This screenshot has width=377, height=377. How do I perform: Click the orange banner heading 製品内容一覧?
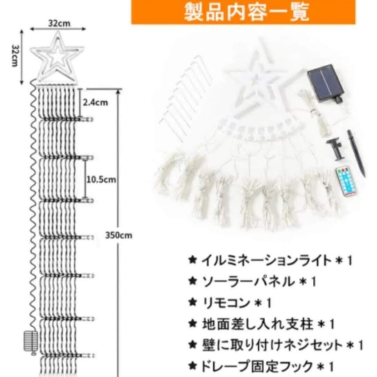(x=243, y=12)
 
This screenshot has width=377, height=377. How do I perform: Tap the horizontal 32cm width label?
(x=59, y=23)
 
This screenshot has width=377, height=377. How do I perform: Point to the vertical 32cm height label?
(x=15, y=56)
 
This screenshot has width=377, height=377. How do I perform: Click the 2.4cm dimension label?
(x=95, y=103)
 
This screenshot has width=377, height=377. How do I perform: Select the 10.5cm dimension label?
(x=101, y=180)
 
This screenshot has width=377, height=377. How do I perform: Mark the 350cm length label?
(x=119, y=235)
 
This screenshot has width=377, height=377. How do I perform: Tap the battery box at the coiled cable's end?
(x=31, y=341)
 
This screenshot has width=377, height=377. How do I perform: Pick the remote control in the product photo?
(x=346, y=182)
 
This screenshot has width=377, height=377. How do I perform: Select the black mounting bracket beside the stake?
(x=335, y=149)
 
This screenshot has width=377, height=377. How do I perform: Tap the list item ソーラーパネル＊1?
(x=252, y=282)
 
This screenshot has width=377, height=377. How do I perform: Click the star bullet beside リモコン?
(x=193, y=302)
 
